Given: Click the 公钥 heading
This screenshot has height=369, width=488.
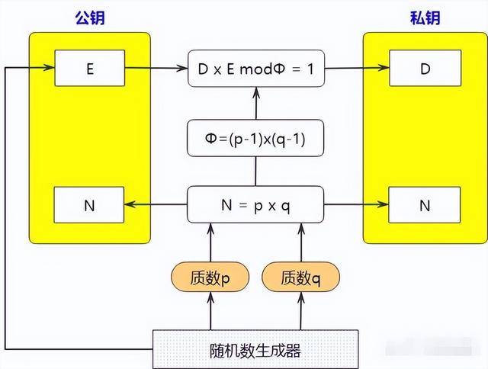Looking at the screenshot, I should (88, 18).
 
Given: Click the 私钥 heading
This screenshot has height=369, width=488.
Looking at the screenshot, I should (423, 18).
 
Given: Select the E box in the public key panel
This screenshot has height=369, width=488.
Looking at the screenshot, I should (89, 69).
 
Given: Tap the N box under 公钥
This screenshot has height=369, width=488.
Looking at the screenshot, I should (89, 204).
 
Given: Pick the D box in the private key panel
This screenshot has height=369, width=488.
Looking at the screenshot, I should (424, 69).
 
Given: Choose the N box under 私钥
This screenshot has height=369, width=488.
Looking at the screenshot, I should (424, 204).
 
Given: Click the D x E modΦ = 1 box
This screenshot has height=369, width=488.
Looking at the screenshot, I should (255, 69).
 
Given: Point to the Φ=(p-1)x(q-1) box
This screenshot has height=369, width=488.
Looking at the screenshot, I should (255, 138).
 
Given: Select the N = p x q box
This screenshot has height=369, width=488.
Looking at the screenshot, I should (255, 204).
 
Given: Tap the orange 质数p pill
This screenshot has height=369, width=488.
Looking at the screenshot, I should (210, 278).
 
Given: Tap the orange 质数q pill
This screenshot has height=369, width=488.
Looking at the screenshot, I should (300, 278).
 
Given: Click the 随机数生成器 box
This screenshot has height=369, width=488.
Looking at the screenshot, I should (255, 350).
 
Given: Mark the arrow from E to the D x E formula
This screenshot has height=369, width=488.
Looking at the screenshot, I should (156, 69).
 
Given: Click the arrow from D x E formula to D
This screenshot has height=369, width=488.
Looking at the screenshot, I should (355, 69).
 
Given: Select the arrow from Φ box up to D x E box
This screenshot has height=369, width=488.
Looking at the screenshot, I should (256, 102).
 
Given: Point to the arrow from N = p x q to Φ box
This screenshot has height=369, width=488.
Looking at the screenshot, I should (256, 172).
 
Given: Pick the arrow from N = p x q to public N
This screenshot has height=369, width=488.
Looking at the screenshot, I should (156, 204).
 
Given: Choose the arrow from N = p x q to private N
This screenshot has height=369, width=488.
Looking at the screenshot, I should (355, 204).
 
